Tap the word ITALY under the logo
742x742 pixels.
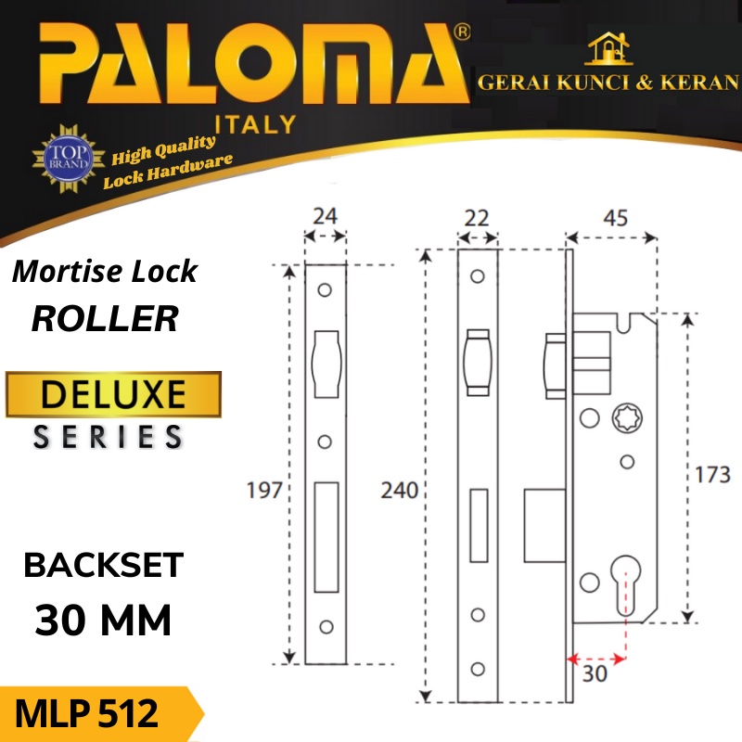255,123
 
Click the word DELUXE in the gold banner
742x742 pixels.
114,395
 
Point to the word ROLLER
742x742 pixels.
105,319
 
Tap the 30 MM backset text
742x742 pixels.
104,620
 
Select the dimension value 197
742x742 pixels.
264,491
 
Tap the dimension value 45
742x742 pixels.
616,219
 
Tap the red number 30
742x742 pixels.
595,675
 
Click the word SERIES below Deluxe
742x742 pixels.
109,437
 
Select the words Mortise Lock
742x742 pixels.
104,272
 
